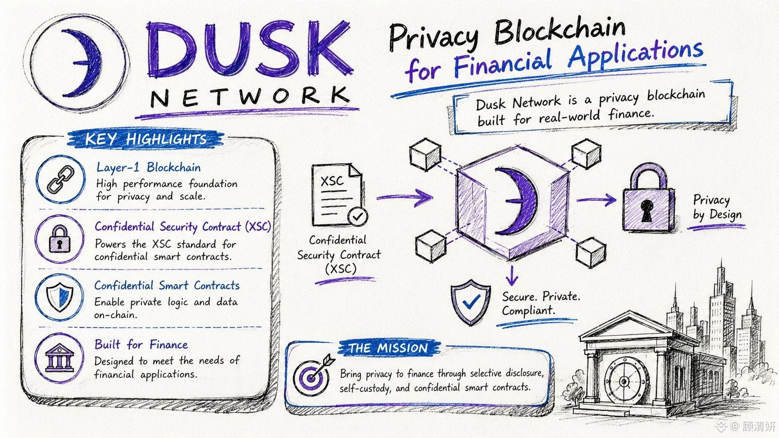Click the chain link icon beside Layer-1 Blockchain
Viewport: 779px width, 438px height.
click(x=61, y=179)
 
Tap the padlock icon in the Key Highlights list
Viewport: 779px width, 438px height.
click(x=60, y=239)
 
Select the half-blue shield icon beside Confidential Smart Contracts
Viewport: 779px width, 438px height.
click(x=60, y=297)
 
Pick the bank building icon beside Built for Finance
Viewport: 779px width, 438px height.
click(x=60, y=357)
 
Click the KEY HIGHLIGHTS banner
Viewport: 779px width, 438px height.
click(x=146, y=139)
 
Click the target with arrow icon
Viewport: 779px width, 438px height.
click(x=313, y=375)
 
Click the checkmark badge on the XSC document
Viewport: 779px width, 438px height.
click(x=357, y=216)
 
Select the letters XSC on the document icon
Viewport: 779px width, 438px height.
click(x=332, y=181)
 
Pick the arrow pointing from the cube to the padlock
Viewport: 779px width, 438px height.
click(x=596, y=200)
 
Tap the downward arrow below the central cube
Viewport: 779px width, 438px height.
click(x=512, y=276)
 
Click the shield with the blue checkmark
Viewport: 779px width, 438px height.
click(x=471, y=302)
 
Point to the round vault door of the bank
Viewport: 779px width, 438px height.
click(x=625, y=381)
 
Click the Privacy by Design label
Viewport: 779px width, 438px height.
click(x=717, y=208)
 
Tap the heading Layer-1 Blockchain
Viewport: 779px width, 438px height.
click(x=149, y=168)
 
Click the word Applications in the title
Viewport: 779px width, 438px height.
click(x=635, y=54)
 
